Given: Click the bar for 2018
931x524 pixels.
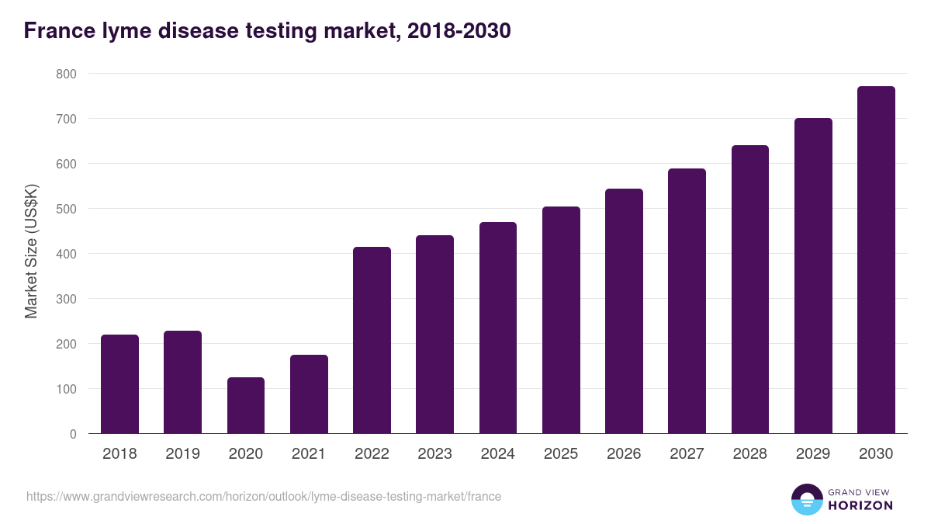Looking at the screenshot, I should (119, 384).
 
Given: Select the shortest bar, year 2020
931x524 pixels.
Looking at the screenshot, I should (246, 405).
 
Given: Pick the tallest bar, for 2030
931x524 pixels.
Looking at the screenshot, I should (876, 260).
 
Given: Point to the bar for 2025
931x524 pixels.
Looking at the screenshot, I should (561, 320).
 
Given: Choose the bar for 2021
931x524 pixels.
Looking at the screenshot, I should (309, 394).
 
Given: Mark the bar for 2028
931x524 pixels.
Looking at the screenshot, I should (750, 290).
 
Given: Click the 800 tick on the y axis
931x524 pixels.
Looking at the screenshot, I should (66, 74).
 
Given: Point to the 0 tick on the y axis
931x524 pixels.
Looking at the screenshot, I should (73, 434).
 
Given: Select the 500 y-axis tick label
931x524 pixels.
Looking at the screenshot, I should (66, 209).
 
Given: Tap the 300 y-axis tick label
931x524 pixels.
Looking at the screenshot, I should (66, 299).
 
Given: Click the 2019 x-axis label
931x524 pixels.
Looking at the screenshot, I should (183, 454).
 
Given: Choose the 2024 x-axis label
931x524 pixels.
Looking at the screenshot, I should (498, 454).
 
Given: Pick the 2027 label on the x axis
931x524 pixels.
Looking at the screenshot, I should (687, 454).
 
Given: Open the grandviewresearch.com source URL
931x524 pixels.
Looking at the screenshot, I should (264, 496).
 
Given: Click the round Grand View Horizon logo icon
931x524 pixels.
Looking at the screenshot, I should (807, 499).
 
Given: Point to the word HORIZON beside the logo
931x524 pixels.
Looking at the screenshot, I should (860, 505).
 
